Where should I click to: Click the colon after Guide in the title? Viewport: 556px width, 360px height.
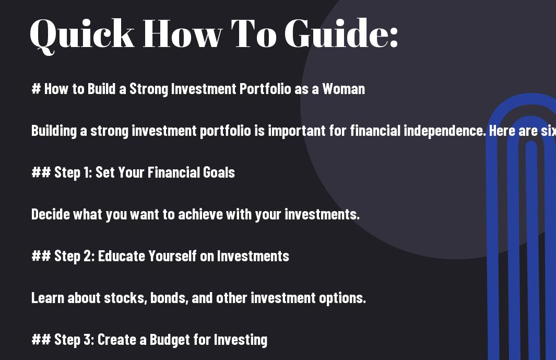click(394, 37)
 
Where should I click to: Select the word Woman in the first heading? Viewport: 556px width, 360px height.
click(343, 89)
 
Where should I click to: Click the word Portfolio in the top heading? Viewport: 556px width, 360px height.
click(265, 89)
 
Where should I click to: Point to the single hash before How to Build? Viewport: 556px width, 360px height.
click(36, 89)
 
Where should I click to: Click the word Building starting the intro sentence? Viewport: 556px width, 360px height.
click(54, 131)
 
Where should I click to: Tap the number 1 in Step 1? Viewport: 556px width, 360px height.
click(87, 172)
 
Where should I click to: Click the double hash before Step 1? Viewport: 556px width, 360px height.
click(41, 172)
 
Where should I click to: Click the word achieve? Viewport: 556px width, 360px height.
click(200, 214)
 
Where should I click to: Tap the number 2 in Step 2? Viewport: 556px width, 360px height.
click(88, 256)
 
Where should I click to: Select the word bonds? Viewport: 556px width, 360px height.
click(169, 298)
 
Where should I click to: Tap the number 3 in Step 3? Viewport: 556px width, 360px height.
click(88, 340)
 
